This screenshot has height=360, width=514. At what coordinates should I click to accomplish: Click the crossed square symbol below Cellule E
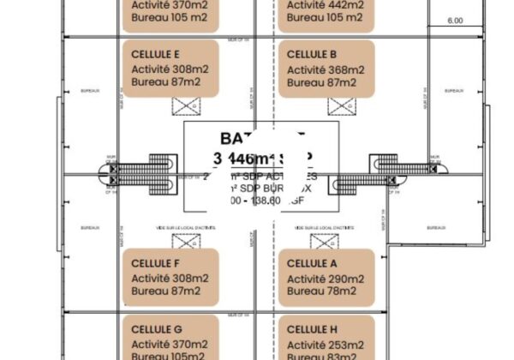point(185,106)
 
